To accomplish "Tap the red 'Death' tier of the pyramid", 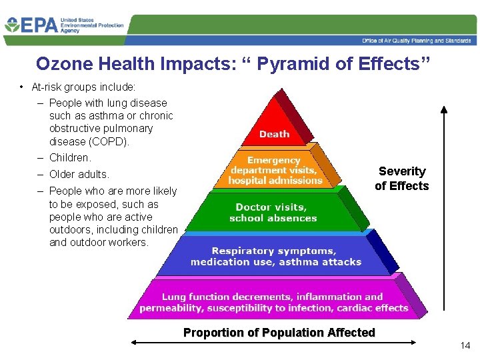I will (x=274, y=134).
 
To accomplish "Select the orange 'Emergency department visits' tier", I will (x=274, y=171).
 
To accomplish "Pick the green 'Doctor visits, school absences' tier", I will (x=273, y=213).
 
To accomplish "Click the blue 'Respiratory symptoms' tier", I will (x=275, y=256).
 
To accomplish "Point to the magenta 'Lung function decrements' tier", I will (x=273, y=302).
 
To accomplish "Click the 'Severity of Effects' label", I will (x=402, y=179).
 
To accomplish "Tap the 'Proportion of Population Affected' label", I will (x=279, y=332).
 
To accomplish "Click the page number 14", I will (x=465, y=345).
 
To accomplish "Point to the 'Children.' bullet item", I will (x=70, y=158).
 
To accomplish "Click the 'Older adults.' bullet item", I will (x=79, y=175).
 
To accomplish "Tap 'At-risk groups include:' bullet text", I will (x=83, y=87).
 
